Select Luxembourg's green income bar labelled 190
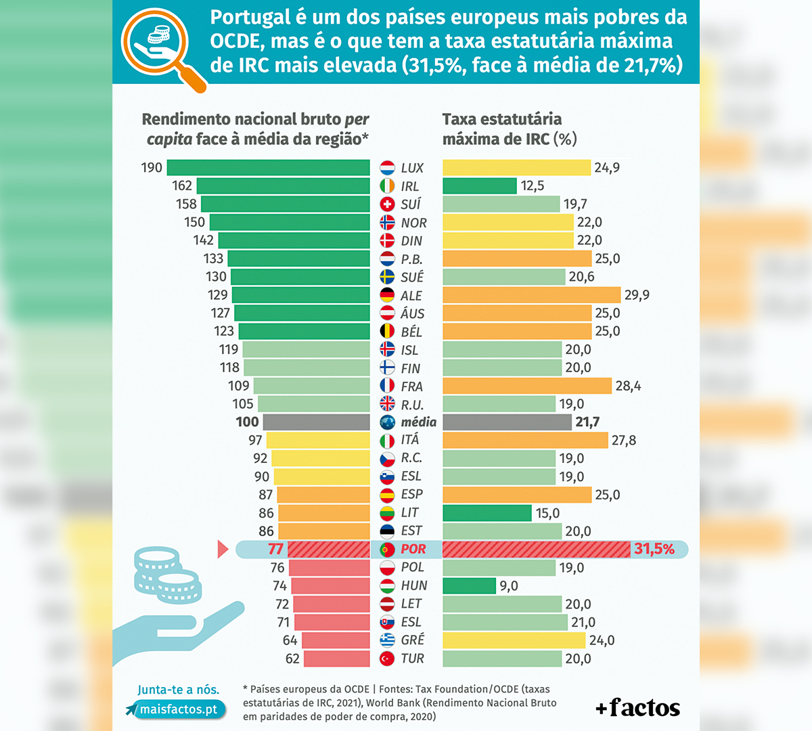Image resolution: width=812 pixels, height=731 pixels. click(268, 167)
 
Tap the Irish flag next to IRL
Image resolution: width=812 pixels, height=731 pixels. click(387, 186)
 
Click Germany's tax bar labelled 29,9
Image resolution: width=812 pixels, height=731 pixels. click(531, 295)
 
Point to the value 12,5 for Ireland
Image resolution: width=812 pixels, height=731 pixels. click(533, 186)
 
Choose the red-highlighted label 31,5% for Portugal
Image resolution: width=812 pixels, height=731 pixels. click(654, 549)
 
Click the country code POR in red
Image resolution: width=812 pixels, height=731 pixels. click(413, 549)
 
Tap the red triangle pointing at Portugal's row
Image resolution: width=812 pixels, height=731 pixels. click(223, 549)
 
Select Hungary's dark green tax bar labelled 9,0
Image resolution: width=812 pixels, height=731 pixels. click(469, 585)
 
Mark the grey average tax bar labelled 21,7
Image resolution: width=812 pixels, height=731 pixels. click(507, 422)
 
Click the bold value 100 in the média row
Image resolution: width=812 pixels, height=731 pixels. click(247, 422)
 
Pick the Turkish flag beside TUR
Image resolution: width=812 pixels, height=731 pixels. click(387, 659)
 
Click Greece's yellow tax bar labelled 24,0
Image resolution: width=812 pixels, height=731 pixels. click(514, 640)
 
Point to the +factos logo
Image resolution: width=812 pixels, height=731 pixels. click(637, 708)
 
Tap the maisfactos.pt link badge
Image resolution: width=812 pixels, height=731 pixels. click(177, 709)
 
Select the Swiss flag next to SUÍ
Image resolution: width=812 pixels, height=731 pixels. click(387, 204)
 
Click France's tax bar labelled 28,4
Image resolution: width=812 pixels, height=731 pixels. click(527, 386)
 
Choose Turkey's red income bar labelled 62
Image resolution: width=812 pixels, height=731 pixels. click(336, 659)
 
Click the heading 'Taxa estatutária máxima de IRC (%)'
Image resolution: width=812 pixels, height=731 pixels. click(510, 129)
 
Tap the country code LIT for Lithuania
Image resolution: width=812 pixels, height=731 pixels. click(409, 512)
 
